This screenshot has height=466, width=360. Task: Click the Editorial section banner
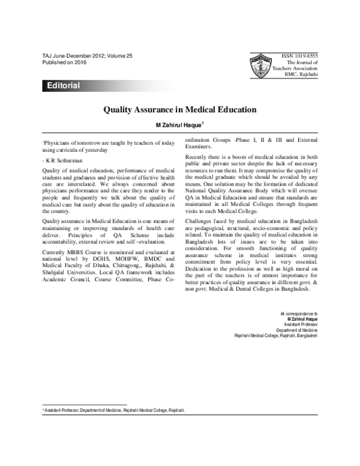(x=63, y=86)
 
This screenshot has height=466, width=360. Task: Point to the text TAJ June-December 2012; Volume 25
(x=88, y=55)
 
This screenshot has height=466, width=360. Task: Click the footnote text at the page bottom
(x=114, y=410)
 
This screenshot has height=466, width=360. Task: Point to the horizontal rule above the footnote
(x=85, y=405)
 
